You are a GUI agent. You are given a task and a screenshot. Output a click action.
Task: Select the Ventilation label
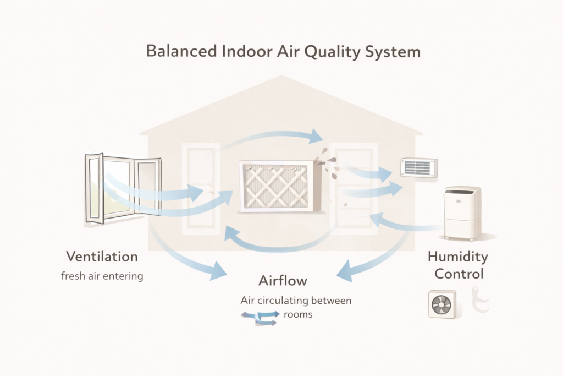(x=102, y=257)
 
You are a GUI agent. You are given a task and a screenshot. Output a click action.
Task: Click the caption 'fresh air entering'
(x=102, y=275)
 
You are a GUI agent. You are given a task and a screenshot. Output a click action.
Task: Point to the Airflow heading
(x=283, y=281)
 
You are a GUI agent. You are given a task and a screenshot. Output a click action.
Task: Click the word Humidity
(x=457, y=257)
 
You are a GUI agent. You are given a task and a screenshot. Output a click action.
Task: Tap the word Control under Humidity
(x=458, y=273)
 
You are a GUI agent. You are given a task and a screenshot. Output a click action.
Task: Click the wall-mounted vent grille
(x=420, y=167)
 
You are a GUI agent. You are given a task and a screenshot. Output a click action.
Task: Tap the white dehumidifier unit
(x=462, y=213)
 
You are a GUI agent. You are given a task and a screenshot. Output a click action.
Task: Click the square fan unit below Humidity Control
(x=442, y=304)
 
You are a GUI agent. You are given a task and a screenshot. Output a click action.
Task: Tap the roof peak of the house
(x=281, y=77)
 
